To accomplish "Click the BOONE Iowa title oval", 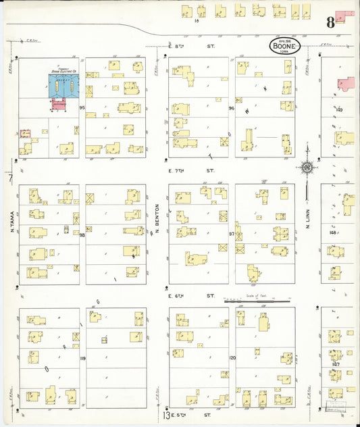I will coord(284,46).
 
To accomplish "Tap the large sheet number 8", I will coord(330,22).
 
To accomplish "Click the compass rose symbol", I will coord(307,166).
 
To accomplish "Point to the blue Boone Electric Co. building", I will coord(64,86).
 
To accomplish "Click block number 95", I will coord(82,108).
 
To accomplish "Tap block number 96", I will coord(231,108).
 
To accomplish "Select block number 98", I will coord(82,235).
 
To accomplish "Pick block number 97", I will coord(231,234).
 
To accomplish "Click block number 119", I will coord(82,358).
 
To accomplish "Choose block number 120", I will coord(231,357).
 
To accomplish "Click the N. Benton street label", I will coord(156,218).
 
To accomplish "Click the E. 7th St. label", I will coord(191,170).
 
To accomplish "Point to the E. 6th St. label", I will coord(191,296).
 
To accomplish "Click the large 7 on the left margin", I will coord(11,178).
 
